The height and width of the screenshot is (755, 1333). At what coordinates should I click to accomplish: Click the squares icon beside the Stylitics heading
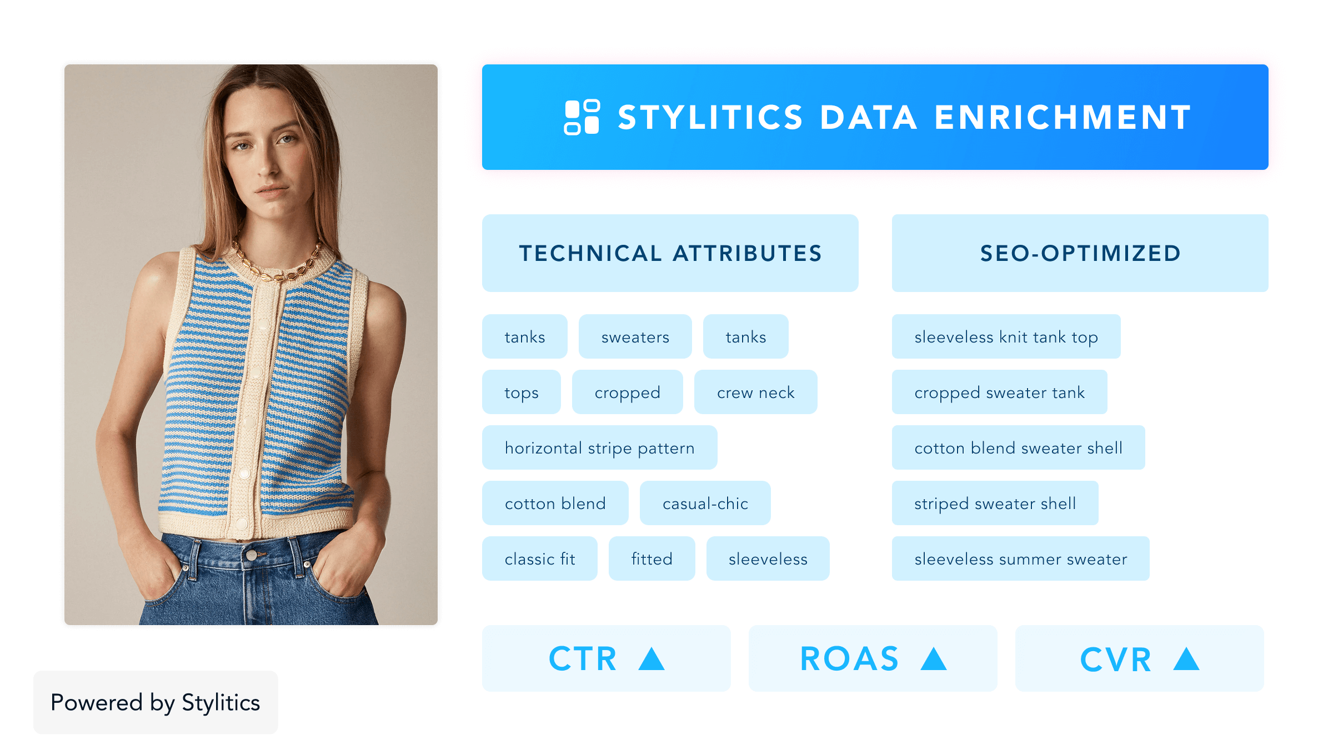click(582, 117)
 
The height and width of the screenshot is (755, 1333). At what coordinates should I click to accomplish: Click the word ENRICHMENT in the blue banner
click(1063, 118)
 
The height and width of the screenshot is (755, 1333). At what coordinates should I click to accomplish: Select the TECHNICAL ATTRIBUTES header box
click(670, 253)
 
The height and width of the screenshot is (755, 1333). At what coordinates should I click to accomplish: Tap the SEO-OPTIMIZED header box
click(1080, 253)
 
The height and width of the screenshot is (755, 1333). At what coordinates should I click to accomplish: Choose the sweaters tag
click(635, 336)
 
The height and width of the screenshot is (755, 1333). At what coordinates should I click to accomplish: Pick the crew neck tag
click(755, 392)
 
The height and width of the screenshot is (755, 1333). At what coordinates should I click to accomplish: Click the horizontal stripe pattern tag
click(599, 447)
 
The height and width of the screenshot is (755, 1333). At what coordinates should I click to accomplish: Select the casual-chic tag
click(705, 503)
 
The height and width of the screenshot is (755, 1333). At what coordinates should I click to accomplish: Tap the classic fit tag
click(539, 558)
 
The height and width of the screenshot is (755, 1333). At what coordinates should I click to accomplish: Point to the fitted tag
click(652, 558)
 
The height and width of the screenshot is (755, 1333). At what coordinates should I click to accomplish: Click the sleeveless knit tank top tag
click(1006, 336)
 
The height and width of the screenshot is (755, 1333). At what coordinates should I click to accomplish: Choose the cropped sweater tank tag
click(999, 392)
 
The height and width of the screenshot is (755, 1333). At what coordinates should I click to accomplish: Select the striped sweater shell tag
click(995, 503)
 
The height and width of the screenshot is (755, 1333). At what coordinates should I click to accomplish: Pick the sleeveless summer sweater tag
click(1020, 558)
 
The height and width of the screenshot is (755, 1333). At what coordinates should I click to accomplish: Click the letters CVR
click(1115, 660)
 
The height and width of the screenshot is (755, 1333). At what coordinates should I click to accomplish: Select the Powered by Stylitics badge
click(156, 702)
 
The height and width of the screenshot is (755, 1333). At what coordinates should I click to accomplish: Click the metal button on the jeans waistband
click(252, 555)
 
